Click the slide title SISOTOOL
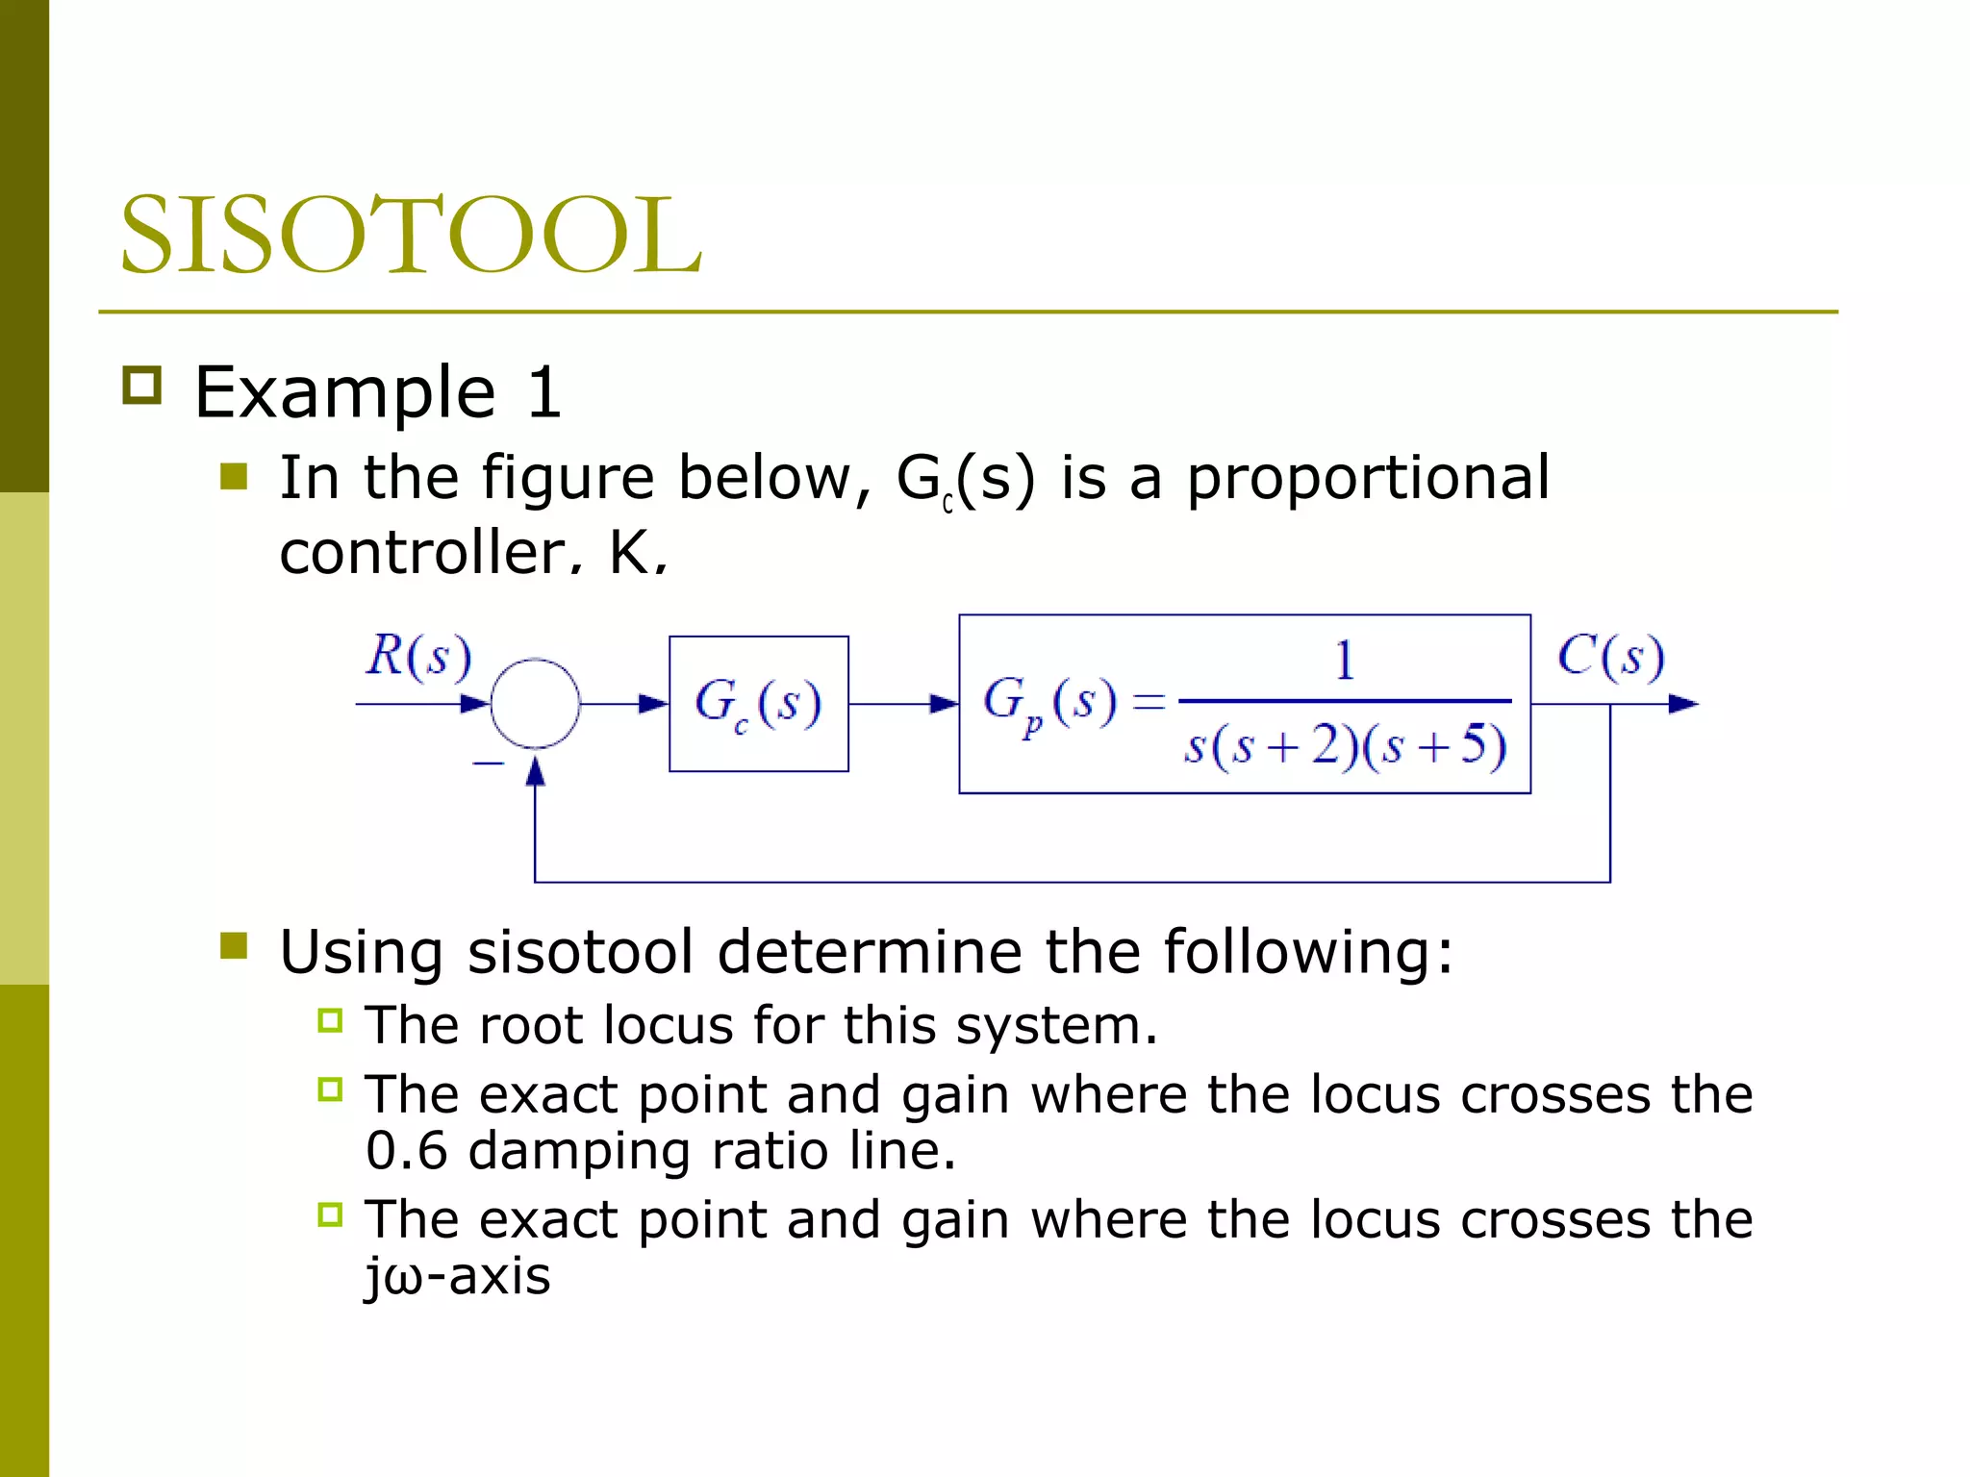click(x=411, y=235)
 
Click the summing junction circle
click(x=535, y=704)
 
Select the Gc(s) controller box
click(x=758, y=703)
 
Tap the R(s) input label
click(x=418, y=657)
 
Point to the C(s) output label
click(x=1610, y=657)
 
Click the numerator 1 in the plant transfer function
click(x=1344, y=661)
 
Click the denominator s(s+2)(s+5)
click(x=1345, y=746)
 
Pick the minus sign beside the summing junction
click(x=488, y=764)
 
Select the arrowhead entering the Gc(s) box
click(x=654, y=704)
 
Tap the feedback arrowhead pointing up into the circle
click(x=535, y=771)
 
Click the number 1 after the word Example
click(x=544, y=392)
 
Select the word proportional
click(x=1367, y=478)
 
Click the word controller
click(x=424, y=553)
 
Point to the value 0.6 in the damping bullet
click(x=406, y=1151)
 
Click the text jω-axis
click(x=458, y=1277)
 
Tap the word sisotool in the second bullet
click(x=580, y=952)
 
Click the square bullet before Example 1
click(x=142, y=386)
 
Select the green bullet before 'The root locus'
click(x=330, y=1020)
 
